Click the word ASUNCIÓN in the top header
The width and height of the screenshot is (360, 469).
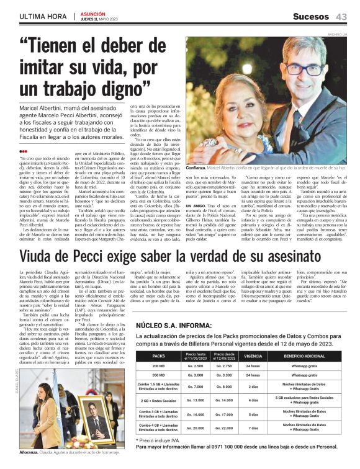coord(91,13)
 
